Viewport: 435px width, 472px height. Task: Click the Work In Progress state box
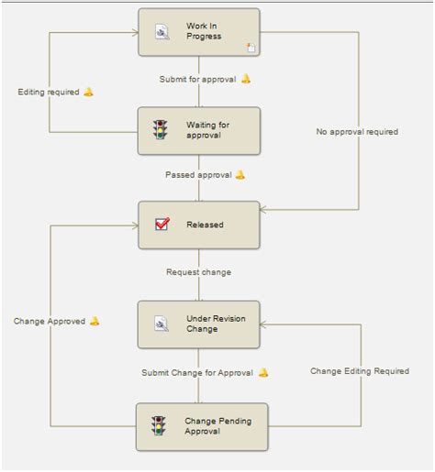199,32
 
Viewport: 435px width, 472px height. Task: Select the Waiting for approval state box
199,130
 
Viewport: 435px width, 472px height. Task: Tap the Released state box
199,225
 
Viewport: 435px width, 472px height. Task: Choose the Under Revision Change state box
199,324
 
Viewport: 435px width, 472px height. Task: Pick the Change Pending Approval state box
202,426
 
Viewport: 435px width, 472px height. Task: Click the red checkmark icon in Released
162,225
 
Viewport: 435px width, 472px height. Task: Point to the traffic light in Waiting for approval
160,130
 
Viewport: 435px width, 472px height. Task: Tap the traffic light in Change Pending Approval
160,426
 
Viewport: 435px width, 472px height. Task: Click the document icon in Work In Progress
162,32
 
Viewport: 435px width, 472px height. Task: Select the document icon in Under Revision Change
161,324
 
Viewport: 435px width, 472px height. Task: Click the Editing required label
49,93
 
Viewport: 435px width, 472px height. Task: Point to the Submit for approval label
197,79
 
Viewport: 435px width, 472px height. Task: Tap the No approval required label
357,132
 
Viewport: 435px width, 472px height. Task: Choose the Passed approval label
198,174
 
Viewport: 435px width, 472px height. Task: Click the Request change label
198,272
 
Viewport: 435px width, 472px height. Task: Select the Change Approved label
50,322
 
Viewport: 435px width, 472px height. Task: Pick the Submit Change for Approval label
197,373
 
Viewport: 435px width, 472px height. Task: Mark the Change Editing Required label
359,371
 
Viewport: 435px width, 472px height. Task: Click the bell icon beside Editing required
89,92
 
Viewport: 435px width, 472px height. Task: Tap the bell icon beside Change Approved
95,321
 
